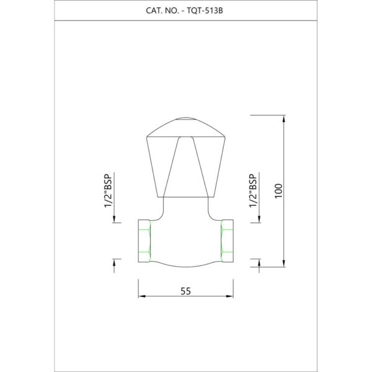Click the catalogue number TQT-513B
(205, 11)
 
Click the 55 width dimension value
(185, 291)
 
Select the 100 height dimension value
(279, 191)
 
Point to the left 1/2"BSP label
(108, 191)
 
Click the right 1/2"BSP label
(253, 191)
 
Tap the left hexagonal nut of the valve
(144, 241)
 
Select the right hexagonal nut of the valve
(227, 241)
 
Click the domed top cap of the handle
(185, 127)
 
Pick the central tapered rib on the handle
(185, 167)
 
